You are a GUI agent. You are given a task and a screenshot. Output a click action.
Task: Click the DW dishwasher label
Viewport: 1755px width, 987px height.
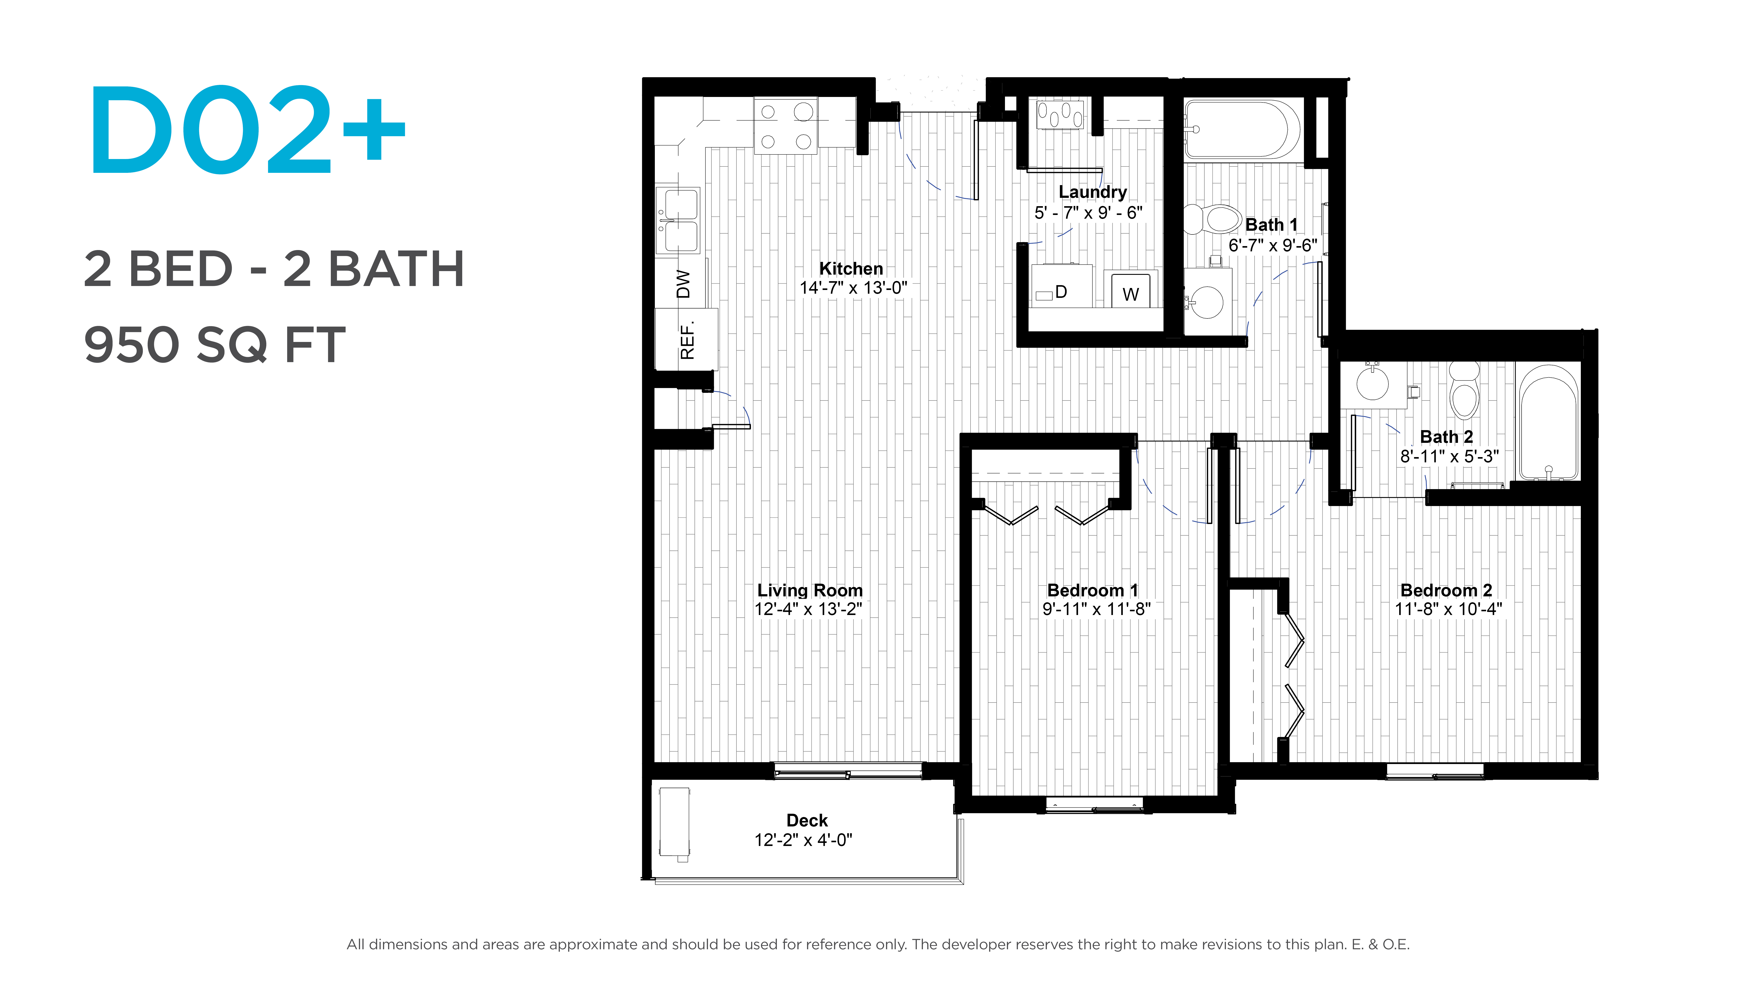(x=683, y=284)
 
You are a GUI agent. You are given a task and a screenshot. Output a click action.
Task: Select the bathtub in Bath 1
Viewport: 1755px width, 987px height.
(x=1242, y=129)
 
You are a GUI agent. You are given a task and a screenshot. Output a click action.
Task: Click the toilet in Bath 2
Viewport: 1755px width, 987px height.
(x=1464, y=390)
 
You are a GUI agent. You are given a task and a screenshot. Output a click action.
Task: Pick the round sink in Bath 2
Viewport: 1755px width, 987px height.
(x=1372, y=383)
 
